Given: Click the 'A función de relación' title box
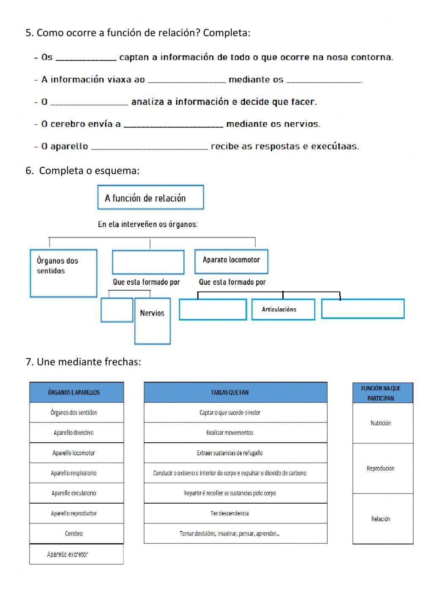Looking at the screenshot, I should tap(150, 197).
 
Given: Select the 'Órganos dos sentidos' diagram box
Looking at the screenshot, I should tap(63, 273).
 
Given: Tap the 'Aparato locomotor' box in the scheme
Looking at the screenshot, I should tap(231, 261).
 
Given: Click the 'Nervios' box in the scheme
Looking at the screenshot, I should tap(152, 321).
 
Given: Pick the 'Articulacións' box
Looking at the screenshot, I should tap(283, 310).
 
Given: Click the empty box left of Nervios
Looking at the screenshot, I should tap(117, 310).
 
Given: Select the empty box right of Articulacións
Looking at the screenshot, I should tap(362, 309).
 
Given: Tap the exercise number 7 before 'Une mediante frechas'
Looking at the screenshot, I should tap(29, 362).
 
